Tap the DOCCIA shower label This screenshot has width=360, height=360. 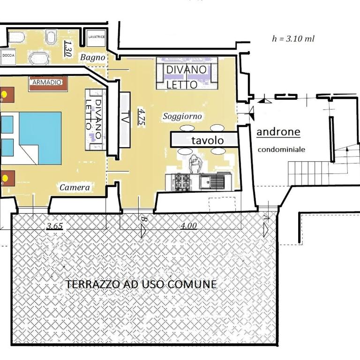8,55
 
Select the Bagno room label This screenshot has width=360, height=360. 92,57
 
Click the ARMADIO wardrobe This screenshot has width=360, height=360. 48,84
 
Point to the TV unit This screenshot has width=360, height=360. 125,120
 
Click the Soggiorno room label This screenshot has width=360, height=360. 182,116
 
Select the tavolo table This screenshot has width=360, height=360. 204,140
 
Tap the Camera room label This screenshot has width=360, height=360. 75,187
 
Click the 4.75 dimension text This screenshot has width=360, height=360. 141,117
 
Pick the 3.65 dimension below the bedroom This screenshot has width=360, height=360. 55,226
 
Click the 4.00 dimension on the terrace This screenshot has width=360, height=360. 188,225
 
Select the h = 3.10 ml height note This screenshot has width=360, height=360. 293,38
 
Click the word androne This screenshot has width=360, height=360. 278,132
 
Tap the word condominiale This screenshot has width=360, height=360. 281,150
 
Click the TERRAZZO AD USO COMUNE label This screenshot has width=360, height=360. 141,284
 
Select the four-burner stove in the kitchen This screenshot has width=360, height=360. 182,182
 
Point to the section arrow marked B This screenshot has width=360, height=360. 143,231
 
